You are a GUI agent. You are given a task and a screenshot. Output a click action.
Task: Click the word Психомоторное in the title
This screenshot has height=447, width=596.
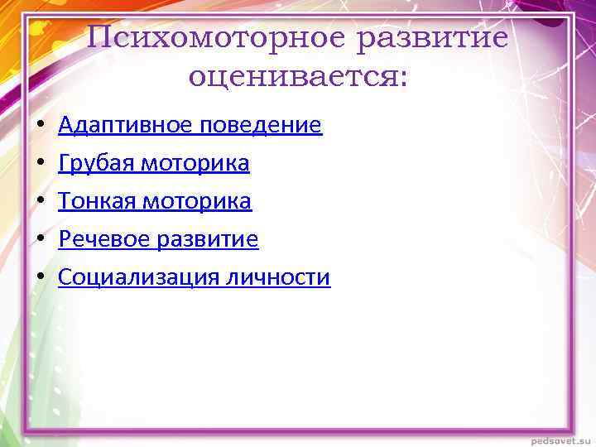coord(217,38)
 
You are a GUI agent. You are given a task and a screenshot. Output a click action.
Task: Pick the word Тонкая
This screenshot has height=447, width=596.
coord(97,201)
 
